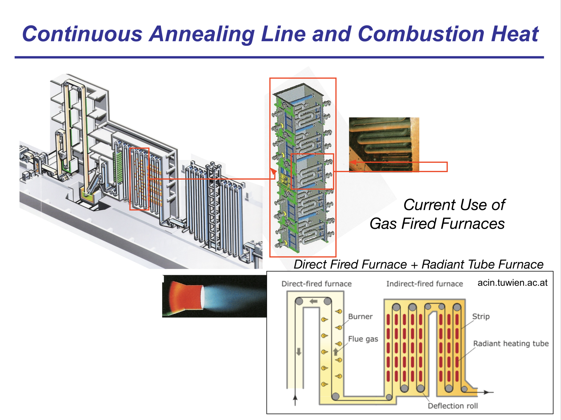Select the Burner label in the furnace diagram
tap(360, 316)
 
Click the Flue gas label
tap(363, 339)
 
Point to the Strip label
tap(481, 316)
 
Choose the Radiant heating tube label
tap(511, 343)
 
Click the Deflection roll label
tap(453, 406)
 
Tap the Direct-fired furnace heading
tap(317, 284)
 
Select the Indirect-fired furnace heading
tap(425, 284)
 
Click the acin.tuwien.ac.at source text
tap(512, 283)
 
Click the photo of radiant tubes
tap(384, 144)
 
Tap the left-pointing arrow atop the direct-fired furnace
tap(313, 301)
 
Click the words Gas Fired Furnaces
tap(437, 223)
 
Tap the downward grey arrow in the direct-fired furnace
tap(299, 352)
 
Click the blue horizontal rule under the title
tap(279, 57)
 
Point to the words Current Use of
tap(454, 205)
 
